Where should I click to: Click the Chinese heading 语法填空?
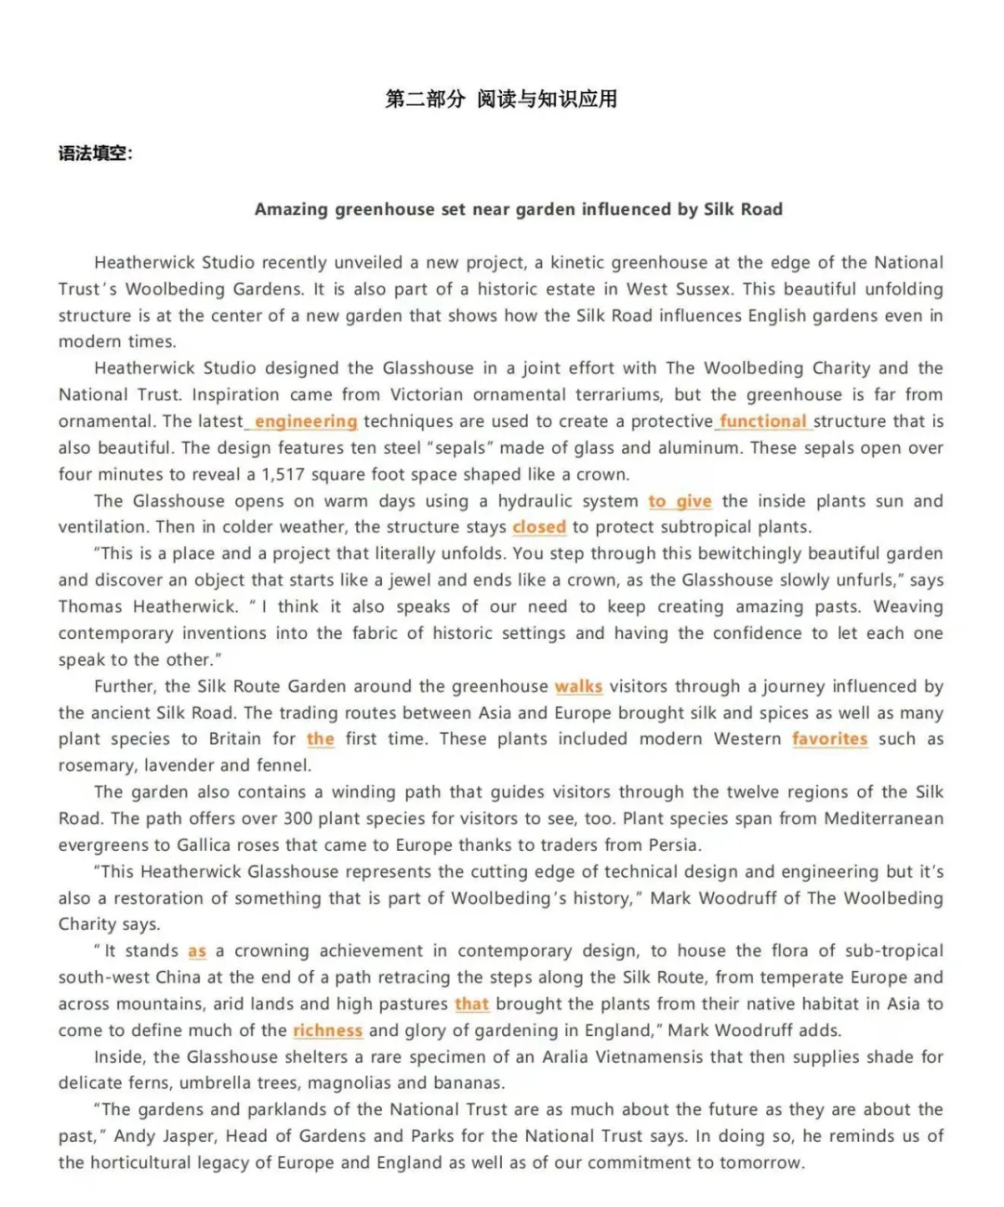(x=95, y=153)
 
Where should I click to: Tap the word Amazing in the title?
(x=291, y=209)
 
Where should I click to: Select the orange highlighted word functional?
(x=763, y=421)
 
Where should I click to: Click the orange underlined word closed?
(x=539, y=527)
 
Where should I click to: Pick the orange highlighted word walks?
(x=578, y=687)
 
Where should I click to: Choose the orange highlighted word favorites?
(x=829, y=739)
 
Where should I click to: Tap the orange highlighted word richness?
(x=327, y=1030)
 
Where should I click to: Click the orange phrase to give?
(x=680, y=501)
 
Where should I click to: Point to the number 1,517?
(x=286, y=474)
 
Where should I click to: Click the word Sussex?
(x=702, y=289)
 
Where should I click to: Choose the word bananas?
(x=469, y=1083)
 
